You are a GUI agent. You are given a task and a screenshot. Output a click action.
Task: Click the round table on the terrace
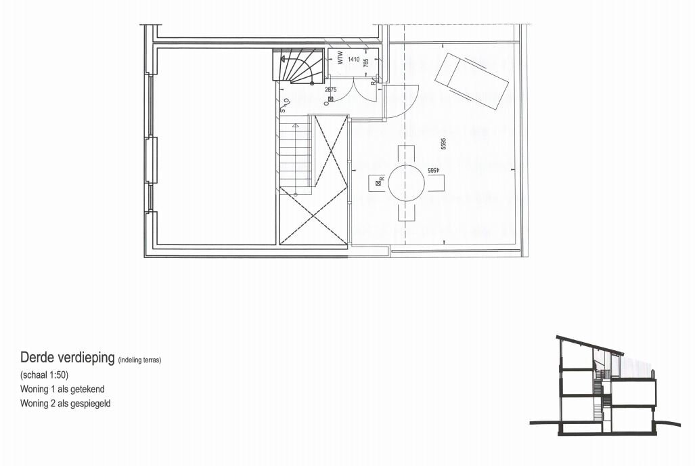pyautogui.click(x=406, y=182)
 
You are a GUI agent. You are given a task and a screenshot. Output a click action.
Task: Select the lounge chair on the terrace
pyautogui.click(x=472, y=79)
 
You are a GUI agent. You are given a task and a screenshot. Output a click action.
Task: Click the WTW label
pyautogui.click(x=340, y=60)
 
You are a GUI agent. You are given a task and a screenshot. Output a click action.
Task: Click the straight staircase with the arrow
pyautogui.click(x=296, y=156)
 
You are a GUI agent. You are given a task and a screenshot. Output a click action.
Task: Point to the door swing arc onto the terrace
pyautogui.click(x=404, y=102)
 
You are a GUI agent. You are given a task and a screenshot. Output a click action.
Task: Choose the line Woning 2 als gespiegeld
pyautogui.click(x=65, y=403)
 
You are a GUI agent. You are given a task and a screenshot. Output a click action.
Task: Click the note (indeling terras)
pyautogui.click(x=139, y=360)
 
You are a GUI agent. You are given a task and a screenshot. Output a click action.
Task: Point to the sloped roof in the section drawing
pyautogui.click(x=589, y=344)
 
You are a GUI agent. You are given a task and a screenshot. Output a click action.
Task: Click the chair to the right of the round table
pyautogui.click(x=435, y=182)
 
